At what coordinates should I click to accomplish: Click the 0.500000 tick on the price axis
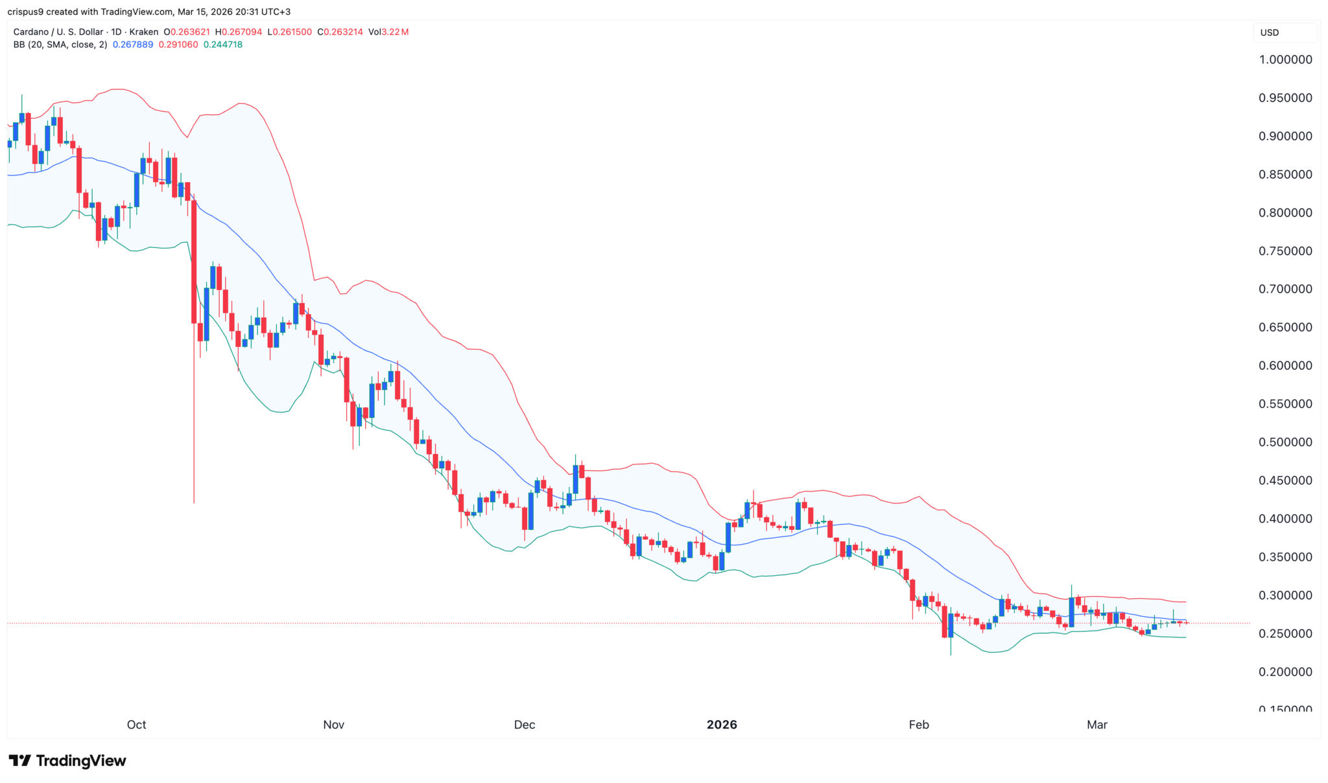tap(1285, 442)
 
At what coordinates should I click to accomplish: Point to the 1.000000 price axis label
tap(1285, 60)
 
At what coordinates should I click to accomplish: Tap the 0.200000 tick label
tap(1285, 672)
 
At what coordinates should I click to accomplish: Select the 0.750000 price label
tap(1285, 251)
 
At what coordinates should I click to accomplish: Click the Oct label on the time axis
tap(136, 725)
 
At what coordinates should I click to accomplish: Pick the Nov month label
tap(333, 725)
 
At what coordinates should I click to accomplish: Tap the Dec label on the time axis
tap(524, 725)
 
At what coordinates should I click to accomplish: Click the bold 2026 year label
tap(722, 725)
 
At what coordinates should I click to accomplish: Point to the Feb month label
tap(919, 725)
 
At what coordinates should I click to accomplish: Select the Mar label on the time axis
tap(1097, 725)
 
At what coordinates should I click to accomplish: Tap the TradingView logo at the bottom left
tap(67, 761)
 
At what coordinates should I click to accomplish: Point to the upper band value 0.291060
tap(178, 45)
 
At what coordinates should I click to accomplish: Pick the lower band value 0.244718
tap(223, 45)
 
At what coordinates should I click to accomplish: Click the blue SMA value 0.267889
tap(133, 45)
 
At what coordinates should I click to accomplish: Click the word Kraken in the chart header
tap(143, 32)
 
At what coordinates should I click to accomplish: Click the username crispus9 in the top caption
tap(25, 12)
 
